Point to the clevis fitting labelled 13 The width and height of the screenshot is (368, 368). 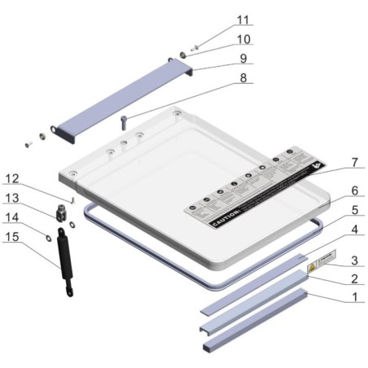point(62,216)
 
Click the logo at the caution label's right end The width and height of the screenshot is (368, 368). point(312,165)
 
